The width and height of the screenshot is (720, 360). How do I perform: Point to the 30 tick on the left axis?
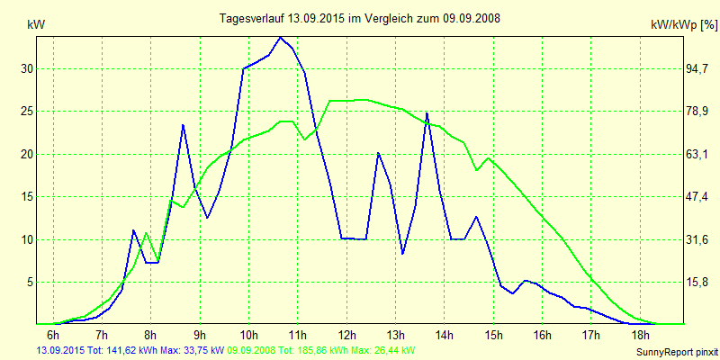coord(27,68)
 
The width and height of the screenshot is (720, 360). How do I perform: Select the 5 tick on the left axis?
coord(30,282)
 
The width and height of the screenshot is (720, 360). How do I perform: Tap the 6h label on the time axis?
coord(53,335)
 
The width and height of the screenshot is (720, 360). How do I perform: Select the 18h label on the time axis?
coord(640,335)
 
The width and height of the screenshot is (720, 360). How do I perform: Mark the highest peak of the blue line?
coord(281,37)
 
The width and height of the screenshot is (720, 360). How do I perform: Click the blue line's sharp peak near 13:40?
coord(427,112)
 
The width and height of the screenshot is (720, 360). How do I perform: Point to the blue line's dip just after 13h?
coord(402,254)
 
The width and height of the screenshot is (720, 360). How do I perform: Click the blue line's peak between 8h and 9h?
coord(183,124)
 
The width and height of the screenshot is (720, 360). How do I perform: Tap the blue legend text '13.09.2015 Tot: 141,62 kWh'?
coord(99,350)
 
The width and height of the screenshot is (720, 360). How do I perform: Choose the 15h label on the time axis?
coord(493,335)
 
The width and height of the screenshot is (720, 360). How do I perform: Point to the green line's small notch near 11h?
coord(305,139)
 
